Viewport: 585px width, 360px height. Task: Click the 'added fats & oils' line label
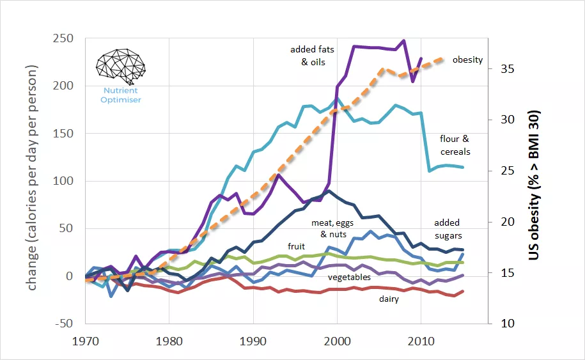(313, 56)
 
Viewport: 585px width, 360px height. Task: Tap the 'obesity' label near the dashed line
(467, 60)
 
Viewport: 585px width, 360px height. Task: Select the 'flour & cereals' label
(455, 145)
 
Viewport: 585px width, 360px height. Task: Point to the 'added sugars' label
(448, 230)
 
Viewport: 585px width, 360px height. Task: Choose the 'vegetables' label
(349, 278)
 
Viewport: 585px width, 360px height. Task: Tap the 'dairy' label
(389, 299)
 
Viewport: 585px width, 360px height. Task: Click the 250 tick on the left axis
(63, 38)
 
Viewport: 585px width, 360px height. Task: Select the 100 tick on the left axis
(63, 181)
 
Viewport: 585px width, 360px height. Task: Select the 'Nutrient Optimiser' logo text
(120, 95)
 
